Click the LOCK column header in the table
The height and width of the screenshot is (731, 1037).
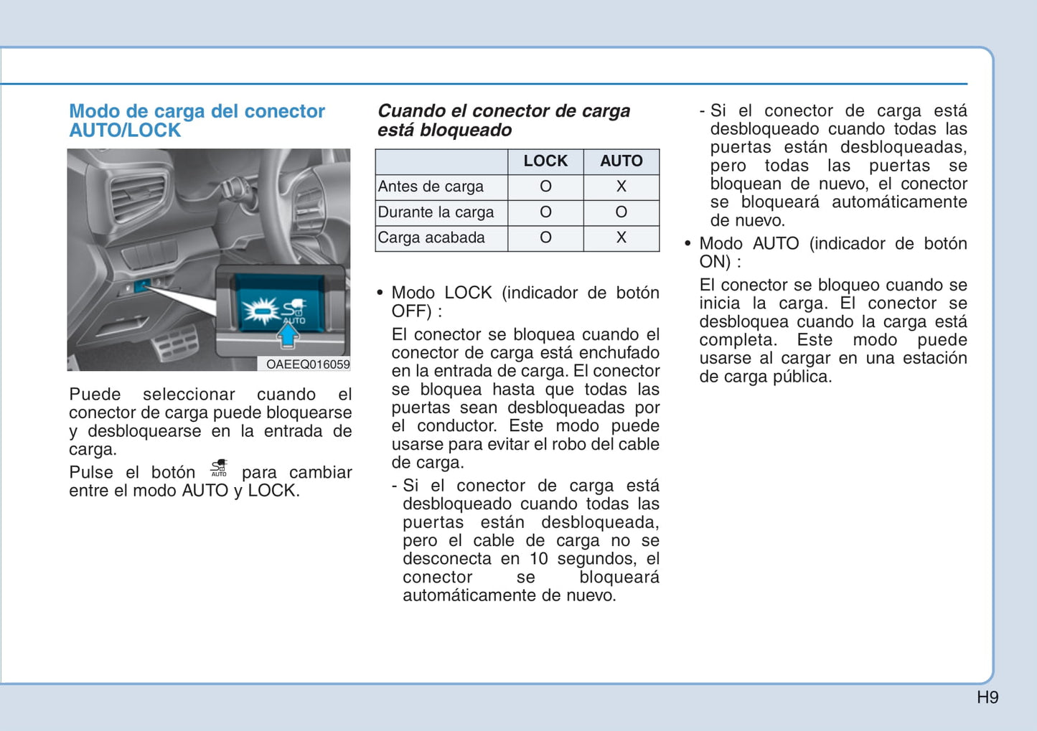[x=545, y=161]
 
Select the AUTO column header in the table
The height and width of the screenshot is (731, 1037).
[x=621, y=161]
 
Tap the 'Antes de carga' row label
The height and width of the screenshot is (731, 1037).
[x=431, y=187]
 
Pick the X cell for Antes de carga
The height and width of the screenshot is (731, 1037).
[x=621, y=187]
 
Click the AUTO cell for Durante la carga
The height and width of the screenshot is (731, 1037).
[x=621, y=212]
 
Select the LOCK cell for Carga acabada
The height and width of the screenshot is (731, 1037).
[x=545, y=237]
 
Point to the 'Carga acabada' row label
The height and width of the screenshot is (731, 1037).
[x=431, y=237]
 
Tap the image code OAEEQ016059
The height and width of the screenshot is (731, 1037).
[x=308, y=364]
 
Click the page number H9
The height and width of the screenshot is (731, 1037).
[x=987, y=697]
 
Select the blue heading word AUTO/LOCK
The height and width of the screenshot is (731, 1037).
[x=125, y=131]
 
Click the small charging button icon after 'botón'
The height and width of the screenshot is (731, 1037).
[x=219, y=468]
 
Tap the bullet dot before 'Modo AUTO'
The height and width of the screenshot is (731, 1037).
[x=688, y=243]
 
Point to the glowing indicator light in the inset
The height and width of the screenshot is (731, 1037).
[x=261, y=311]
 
